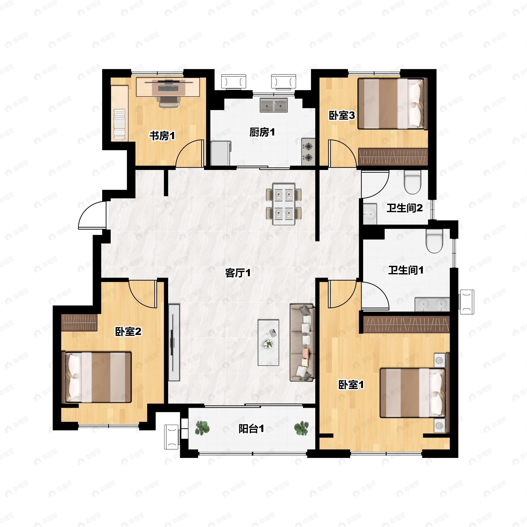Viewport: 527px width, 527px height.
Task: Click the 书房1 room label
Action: coord(162,135)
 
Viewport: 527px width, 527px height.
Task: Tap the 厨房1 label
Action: coord(262,132)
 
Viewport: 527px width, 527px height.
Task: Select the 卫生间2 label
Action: coord(404,208)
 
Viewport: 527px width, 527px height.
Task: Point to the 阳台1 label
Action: coord(251,429)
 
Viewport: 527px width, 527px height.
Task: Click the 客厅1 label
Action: coord(238,273)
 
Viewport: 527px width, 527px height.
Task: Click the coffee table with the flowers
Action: coord(268,343)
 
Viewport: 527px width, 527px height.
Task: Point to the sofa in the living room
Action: coord(302,343)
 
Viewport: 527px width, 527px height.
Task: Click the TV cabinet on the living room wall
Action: coord(174,342)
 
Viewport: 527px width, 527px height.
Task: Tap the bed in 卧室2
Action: coord(97,377)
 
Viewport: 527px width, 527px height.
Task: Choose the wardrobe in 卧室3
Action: coord(393,157)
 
